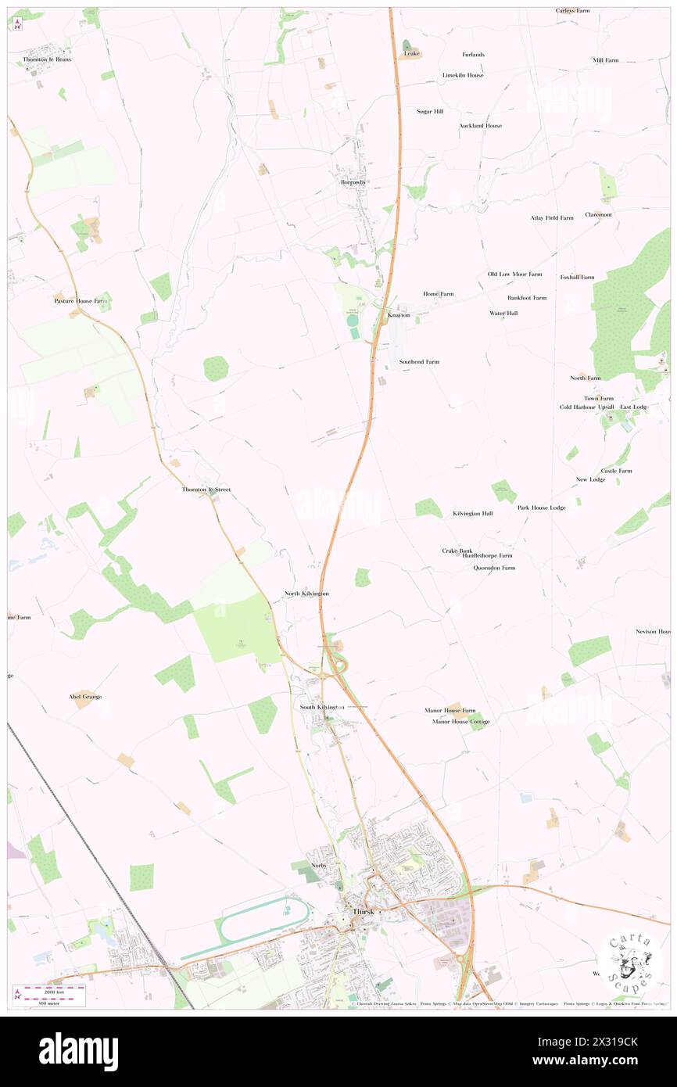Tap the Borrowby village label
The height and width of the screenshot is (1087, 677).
pyautogui.click(x=353, y=182)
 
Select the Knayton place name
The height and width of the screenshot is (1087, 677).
pyautogui.click(x=399, y=315)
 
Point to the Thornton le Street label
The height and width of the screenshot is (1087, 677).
pyautogui.click(x=206, y=490)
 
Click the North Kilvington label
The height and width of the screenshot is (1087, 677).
pyautogui.click(x=306, y=594)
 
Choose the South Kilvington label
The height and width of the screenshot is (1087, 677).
pyautogui.click(x=322, y=707)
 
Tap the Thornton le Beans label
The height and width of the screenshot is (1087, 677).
pyautogui.click(x=47, y=59)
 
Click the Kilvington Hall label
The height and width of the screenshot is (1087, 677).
pyautogui.click(x=473, y=514)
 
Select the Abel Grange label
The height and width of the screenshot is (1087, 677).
pyautogui.click(x=85, y=696)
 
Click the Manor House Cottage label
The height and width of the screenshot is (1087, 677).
pyautogui.click(x=461, y=721)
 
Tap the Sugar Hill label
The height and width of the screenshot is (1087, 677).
pyautogui.click(x=430, y=112)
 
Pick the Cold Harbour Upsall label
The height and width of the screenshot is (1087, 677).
pyautogui.click(x=587, y=407)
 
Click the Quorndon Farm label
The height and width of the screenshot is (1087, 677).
pyautogui.click(x=494, y=568)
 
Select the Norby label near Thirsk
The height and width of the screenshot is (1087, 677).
pyautogui.click(x=318, y=866)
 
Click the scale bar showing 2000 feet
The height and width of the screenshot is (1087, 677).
pyautogui.click(x=54, y=989)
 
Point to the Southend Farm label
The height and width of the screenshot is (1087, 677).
pyautogui.click(x=419, y=362)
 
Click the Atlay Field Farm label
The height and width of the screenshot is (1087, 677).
pyautogui.click(x=552, y=217)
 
